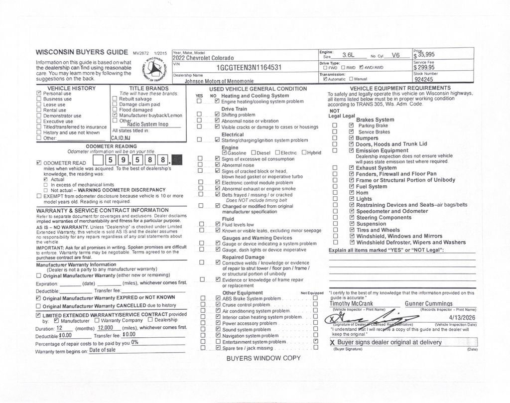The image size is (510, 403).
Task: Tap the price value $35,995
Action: [x=424, y=55]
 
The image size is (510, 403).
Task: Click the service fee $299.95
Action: [x=424, y=68]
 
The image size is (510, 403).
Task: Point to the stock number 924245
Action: [x=424, y=79]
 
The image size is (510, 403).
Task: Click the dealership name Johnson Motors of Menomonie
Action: [x=219, y=81]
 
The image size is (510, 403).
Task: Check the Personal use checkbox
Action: [x=39, y=94]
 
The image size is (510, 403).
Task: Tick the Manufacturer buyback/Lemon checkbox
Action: [x=115, y=116]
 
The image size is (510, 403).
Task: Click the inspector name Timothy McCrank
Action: [x=351, y=303]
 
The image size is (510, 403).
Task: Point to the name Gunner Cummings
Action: [x=428, y=303]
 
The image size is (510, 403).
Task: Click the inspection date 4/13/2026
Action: [x=462, y=317]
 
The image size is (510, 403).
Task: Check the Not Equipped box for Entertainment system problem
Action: [x=315, y=342]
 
